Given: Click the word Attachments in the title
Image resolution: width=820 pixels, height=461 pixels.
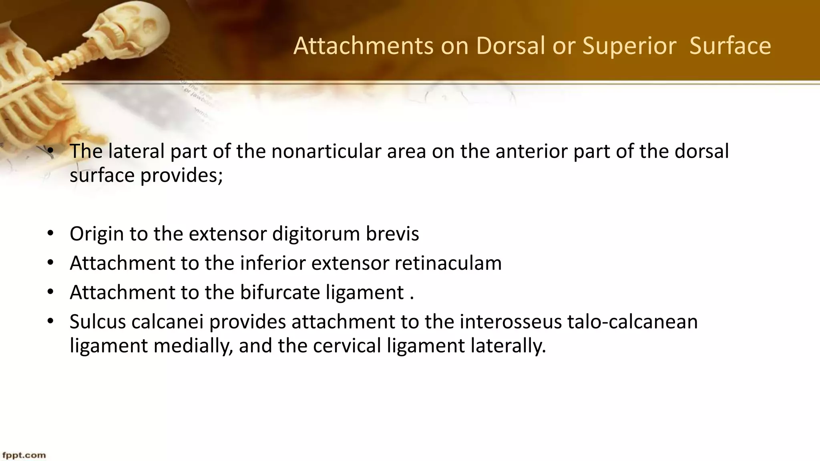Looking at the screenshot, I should (363, 46).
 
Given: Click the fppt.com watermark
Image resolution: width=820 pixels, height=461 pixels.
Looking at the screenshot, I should (24, 455).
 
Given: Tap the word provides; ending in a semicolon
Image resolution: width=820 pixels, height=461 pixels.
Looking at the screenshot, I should (181, 175).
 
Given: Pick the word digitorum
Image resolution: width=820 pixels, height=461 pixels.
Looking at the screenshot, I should (316, 234).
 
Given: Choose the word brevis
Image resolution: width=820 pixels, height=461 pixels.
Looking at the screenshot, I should (392, 234).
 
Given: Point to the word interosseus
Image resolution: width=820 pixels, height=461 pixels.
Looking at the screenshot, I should (510, 322).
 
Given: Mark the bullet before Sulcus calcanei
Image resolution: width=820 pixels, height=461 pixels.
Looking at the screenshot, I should (50, 322).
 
